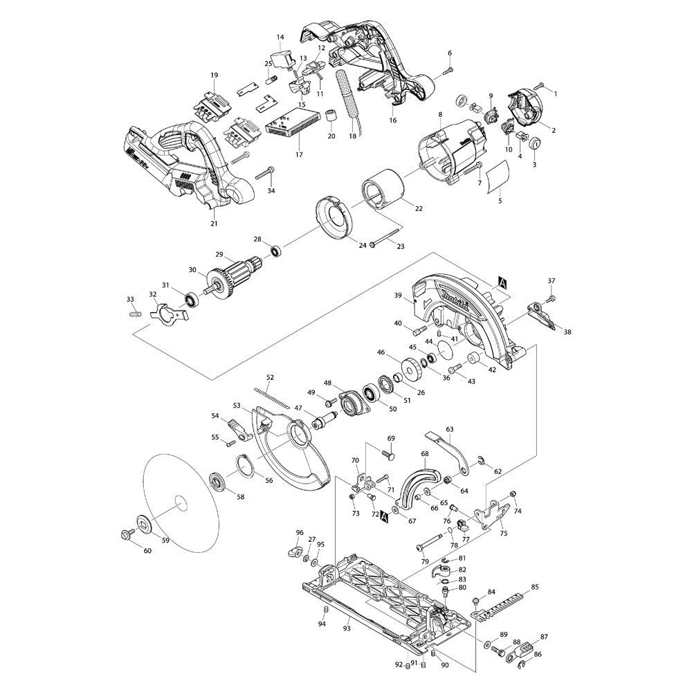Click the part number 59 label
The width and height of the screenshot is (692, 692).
click(165, 541)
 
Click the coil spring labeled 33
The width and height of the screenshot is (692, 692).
click(136, 315)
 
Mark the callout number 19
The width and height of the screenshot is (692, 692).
click(215, 75)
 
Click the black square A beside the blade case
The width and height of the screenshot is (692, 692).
click(502, 282)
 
